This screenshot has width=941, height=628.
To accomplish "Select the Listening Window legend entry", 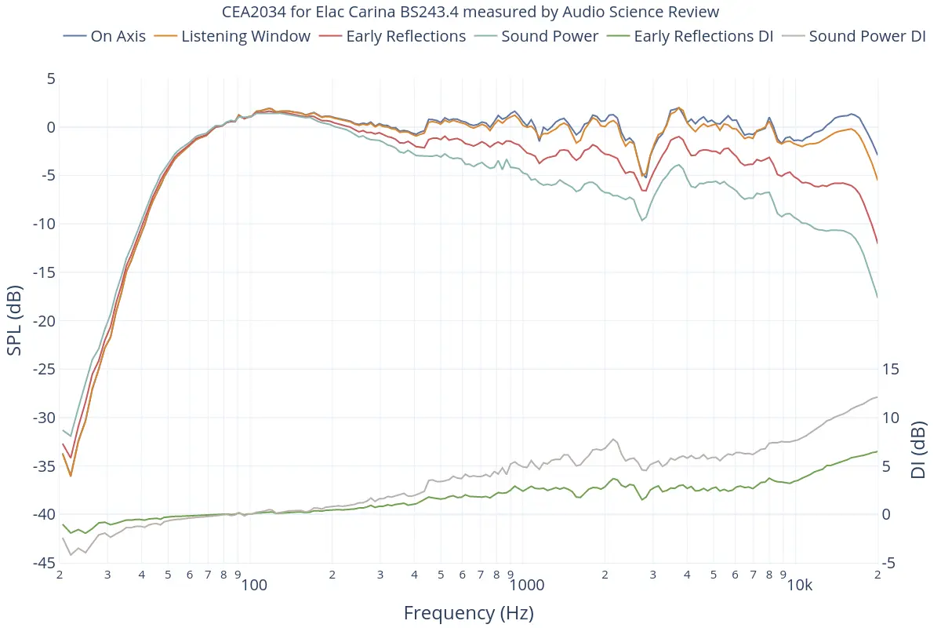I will pos(245,36).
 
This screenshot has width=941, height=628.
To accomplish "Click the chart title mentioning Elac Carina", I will pos(470,12).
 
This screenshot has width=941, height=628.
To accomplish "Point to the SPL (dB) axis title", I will pos(14,320).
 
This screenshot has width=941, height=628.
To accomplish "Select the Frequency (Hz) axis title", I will pos(469,613).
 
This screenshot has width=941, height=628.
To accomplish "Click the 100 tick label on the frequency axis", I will pos(254,586).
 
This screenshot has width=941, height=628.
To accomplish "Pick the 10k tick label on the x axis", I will pos(799,586).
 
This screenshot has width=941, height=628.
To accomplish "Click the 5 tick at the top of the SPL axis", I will pos(51,78).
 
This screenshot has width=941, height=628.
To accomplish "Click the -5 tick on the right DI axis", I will pos(891,563).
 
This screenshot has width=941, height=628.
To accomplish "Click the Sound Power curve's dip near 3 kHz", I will pos(643,220).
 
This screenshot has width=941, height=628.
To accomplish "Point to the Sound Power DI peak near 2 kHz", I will pos(613,439).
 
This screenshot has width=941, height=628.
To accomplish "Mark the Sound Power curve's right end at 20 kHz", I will pos(877,297).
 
